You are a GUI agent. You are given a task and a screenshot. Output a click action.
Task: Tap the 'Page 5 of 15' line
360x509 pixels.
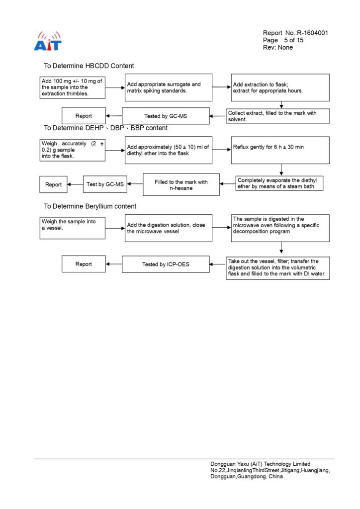283,40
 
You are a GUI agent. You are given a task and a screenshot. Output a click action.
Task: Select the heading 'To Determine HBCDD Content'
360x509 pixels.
89,66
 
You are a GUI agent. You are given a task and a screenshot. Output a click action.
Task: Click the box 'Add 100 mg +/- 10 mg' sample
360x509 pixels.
73,87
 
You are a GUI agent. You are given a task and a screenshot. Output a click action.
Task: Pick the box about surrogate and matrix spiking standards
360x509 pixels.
169,87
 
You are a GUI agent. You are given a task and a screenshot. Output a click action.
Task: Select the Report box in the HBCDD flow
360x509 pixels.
84,116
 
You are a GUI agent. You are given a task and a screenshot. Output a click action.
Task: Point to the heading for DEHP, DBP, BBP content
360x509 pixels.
106,128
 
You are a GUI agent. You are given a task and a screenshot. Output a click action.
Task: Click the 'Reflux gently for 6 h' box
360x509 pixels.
280,150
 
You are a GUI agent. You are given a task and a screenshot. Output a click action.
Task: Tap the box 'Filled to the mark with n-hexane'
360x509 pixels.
181,184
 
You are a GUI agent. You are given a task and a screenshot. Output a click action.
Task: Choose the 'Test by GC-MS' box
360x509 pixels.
105,184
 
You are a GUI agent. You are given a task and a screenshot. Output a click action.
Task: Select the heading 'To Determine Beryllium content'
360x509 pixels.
90,206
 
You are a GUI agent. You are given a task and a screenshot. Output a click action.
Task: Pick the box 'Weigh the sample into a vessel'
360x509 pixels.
73,228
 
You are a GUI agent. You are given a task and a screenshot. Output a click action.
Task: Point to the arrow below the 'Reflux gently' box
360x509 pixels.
281,170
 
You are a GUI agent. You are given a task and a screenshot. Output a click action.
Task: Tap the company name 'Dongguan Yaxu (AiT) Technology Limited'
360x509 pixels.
260,464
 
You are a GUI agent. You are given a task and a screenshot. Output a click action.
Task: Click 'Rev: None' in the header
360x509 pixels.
278,48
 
